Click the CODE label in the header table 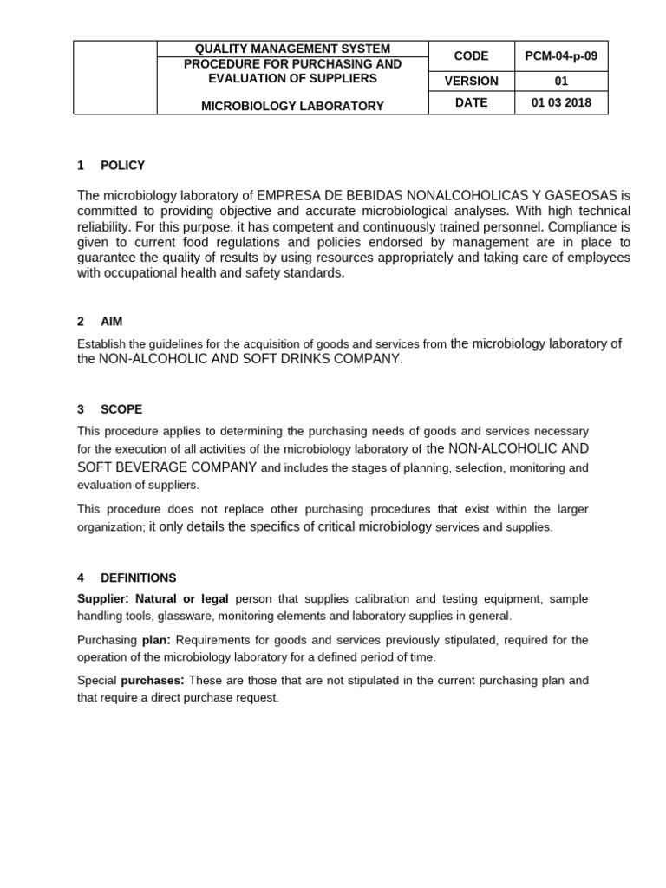click(471, 55)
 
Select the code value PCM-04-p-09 click(561, 55)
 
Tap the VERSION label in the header click(471, 81)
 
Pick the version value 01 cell click(561, 81)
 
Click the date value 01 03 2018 click(561, 102)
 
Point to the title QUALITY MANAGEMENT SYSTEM click(292, 49)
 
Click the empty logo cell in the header click(115, 77)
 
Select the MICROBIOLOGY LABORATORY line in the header click(292, 106)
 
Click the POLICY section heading click(122, 165)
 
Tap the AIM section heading click(112, 321)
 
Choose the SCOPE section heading click(121, 409)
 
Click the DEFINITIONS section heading click(138, 578)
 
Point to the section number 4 click(81, 578)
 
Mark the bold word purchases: click(152, 681)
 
